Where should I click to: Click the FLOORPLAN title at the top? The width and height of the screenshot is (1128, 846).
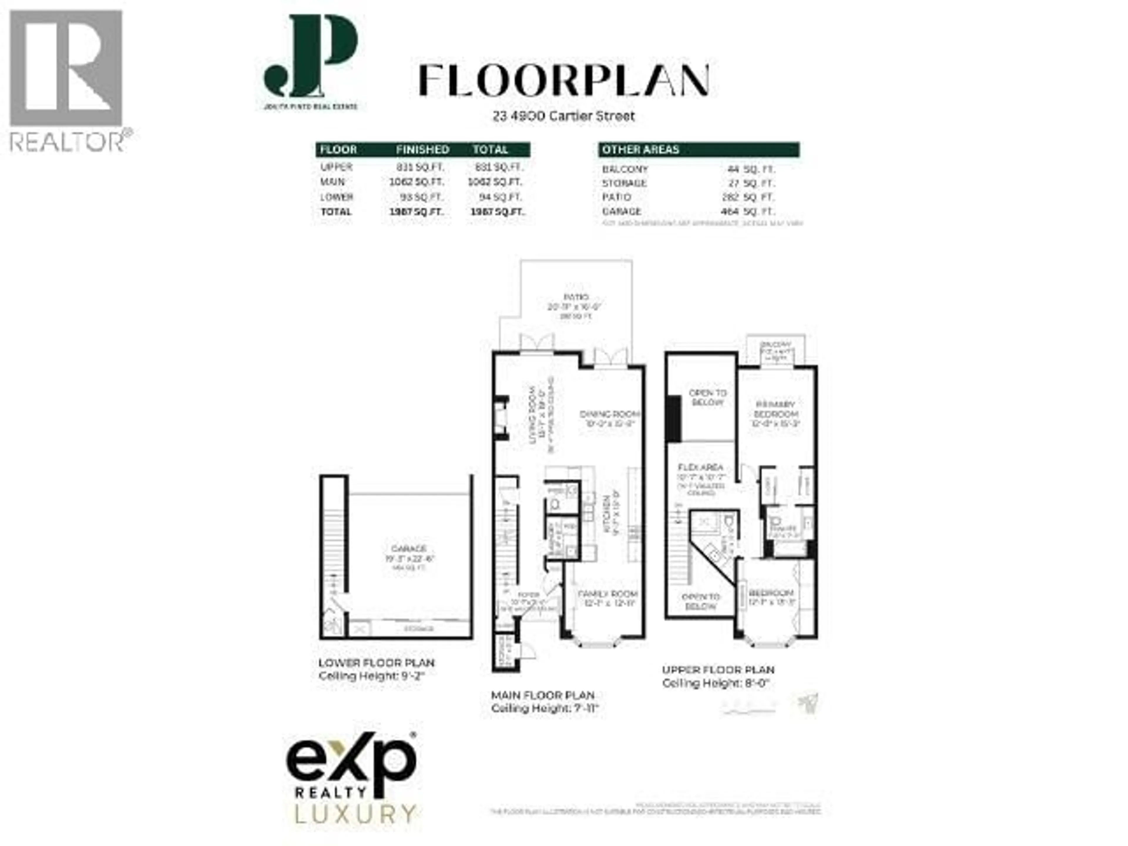click(563, 80)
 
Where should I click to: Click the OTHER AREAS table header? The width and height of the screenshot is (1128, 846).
click(640, 150)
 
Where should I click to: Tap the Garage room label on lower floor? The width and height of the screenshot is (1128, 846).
click(409, 549)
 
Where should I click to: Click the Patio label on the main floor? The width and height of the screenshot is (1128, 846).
click(576, 297)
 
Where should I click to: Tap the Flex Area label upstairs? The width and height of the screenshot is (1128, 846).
click(700, 467)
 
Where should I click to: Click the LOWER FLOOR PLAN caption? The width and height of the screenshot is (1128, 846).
click(376, 663)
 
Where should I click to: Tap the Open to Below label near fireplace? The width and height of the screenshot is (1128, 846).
click(707, 397)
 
